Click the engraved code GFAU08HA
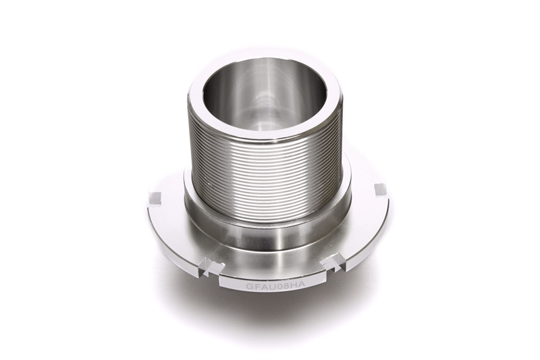coord(275,286)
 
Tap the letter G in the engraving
coord(249,286)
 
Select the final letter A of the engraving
coord(302,285)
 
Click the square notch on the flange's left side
coord(155,199)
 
